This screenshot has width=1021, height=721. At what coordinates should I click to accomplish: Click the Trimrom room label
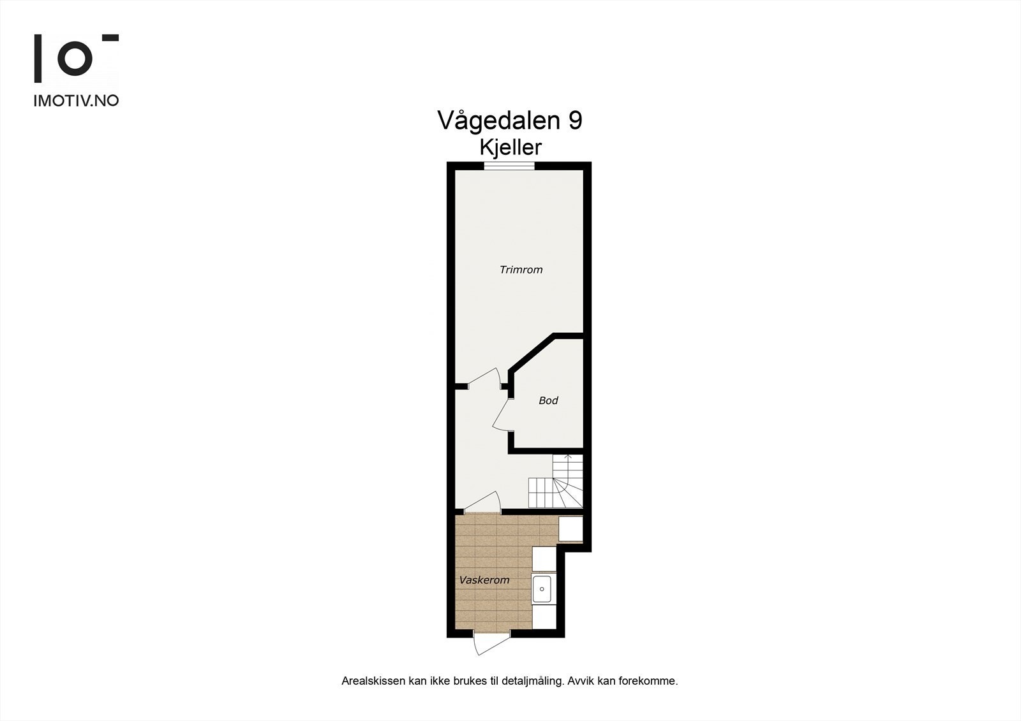coord(521,270)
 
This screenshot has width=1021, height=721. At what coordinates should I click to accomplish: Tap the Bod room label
coord(548,400)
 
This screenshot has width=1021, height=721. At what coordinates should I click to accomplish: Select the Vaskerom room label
coord(484,580)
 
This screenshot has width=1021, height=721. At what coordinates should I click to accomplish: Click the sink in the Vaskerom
coord(542,589)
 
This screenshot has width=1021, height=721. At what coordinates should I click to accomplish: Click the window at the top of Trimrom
coord(509,166)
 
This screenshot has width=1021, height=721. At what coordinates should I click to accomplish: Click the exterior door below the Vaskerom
coord(491,643)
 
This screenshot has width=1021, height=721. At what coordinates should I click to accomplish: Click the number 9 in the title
coord(574,120)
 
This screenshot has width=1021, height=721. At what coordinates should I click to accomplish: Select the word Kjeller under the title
coord(511,148)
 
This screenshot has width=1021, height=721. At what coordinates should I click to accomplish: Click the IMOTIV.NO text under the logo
coord(76,100)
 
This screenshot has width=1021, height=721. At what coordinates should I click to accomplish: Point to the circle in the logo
coord(75,59)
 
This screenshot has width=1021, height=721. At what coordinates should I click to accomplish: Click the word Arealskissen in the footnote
coord(373,681)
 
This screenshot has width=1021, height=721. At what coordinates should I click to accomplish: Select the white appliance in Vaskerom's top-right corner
coord(570,529)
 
